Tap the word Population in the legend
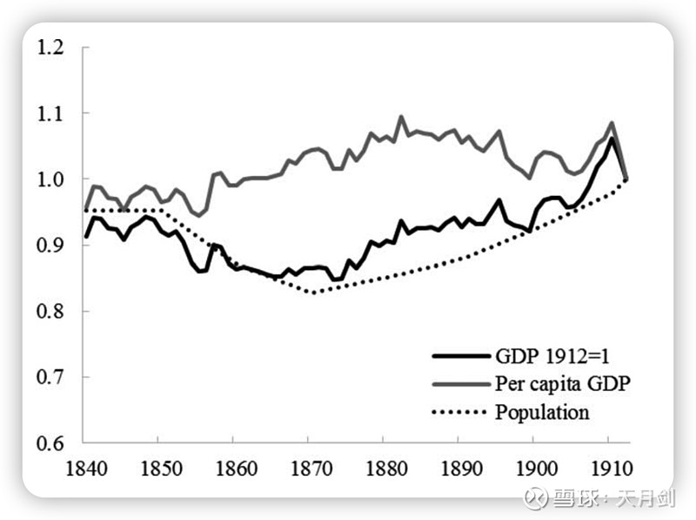(x=542, y=411)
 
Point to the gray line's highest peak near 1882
(x=401, y=117)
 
